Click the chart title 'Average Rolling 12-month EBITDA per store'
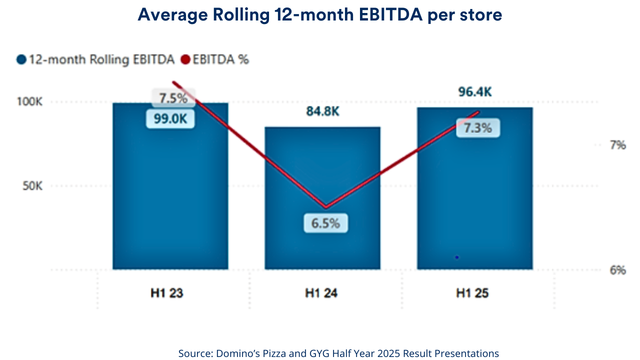click(x=320, y=15)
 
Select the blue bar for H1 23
click(x=170, y=200)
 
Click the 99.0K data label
click(x=170, y=119)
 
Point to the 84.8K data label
click(x=322, y=111)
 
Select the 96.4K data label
click(x=474, y=92)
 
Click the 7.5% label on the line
click(x=173, y=98)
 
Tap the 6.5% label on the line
click(x=325, y=223)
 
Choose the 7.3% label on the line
click(x=478, y=128)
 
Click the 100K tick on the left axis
click(x=30, y=101)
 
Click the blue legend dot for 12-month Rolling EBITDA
click(x=21, y=59)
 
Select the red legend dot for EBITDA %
click(x=185, y=59)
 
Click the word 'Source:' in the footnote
click(x=195, y=353)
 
